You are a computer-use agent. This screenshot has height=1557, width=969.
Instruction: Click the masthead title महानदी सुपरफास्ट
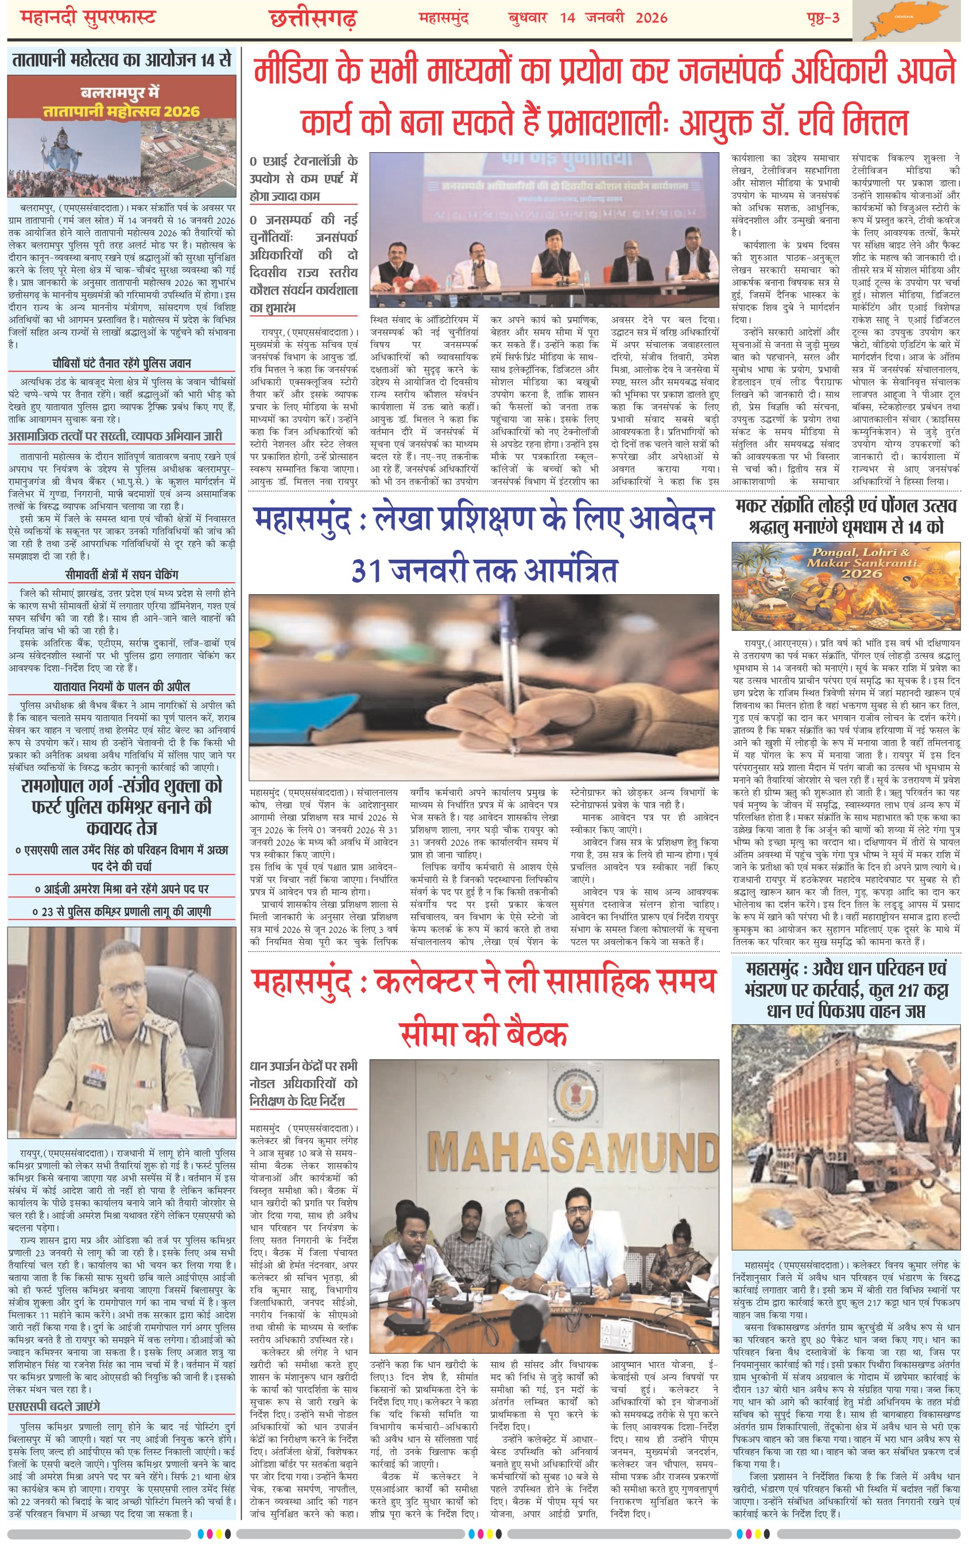click(88, 17)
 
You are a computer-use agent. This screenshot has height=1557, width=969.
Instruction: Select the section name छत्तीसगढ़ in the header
click(312, 19)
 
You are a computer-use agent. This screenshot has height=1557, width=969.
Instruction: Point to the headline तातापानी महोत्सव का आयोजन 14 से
click(122, 60)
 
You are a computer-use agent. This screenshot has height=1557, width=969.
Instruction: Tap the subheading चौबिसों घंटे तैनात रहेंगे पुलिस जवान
click(122, 363)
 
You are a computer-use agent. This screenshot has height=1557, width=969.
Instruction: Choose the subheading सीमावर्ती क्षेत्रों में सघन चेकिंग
click(122, 574)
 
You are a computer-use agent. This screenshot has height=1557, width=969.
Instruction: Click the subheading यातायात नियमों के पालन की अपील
click(122, 686)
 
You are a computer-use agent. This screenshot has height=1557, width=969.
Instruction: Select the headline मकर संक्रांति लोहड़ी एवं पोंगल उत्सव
click(846, 506)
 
